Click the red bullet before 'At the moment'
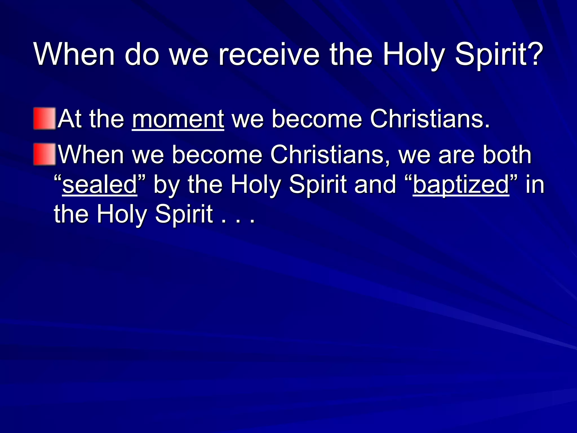(x=45, y=118)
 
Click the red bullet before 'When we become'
(x=45, y=154)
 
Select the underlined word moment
(x=178, y=119)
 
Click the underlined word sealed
(x=100, y=185)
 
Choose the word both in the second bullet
(x=507, y=155)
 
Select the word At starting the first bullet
(x=69, y=119)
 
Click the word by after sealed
(x=167, y=186)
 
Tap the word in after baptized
(x=535, y=185)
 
